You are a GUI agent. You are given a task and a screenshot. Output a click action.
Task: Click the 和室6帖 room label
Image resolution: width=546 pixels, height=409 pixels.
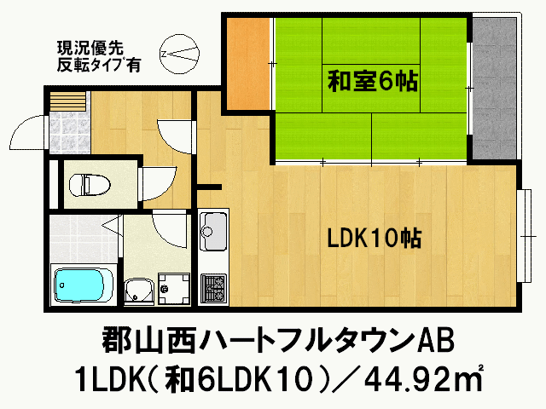click(372, 83)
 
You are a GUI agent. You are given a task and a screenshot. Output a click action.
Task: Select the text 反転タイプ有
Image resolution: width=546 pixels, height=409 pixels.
click(97, 63)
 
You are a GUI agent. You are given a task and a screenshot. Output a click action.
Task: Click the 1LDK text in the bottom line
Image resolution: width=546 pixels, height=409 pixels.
click(107, 376)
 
